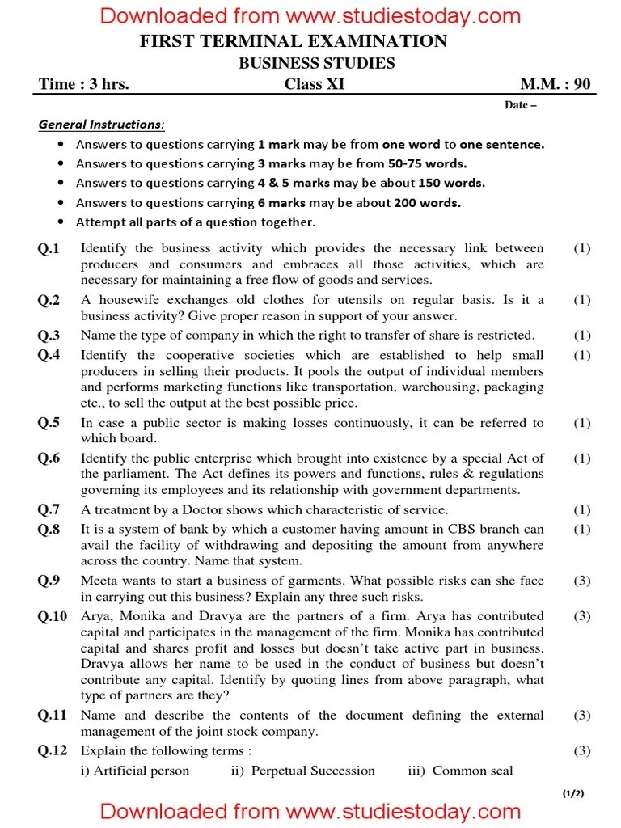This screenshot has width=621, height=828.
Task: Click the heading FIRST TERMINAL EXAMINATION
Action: [x=293, y=42]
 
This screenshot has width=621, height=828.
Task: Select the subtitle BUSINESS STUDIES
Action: [x=316, y=63]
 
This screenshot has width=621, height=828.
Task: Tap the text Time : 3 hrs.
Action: [x=84, y=84]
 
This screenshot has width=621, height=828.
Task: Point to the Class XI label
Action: [x=314, y=84]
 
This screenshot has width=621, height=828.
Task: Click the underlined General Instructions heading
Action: [x=101, y=125]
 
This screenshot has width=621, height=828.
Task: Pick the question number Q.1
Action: [x=49, y=249]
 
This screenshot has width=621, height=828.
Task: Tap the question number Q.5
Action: [x=49, y=423]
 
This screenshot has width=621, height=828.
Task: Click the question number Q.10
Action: [x=53, y=616]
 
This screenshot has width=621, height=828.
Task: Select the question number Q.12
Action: [x=53, y=751]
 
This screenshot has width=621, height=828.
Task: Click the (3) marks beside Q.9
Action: [x=581, y=581]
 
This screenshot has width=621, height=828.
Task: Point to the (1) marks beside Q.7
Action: [x=581, y=510]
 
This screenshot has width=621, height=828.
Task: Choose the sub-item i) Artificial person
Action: [x=135, y=771]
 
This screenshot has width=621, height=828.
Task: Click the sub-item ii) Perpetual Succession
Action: [x=302, y=771]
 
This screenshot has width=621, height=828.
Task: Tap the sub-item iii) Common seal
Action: [x=460, y=771]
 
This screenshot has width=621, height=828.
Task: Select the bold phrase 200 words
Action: [x=427, y=203]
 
